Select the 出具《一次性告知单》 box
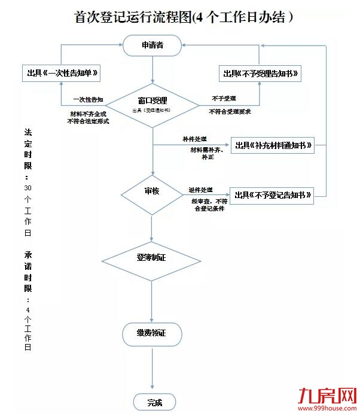(x=60, y=73)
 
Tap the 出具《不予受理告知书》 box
(x=260, y=73)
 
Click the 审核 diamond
(x=152, y=193)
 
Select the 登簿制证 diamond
(x=152, y=259)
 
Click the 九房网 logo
(x=327, y=395)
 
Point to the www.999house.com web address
(x=327, y=409)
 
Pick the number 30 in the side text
(x=28, y=187)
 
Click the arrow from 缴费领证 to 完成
(x=152, y=371)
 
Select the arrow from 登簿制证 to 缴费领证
(x=152, y=302)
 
